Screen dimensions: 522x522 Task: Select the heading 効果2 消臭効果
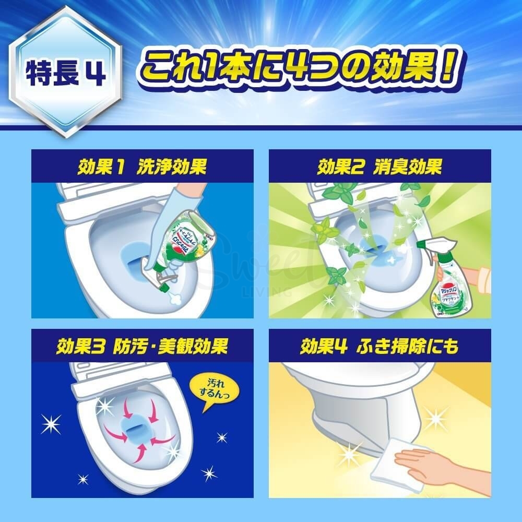click(x=379, y=167)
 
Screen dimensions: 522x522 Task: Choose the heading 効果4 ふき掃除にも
click(x=379, y=346)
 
